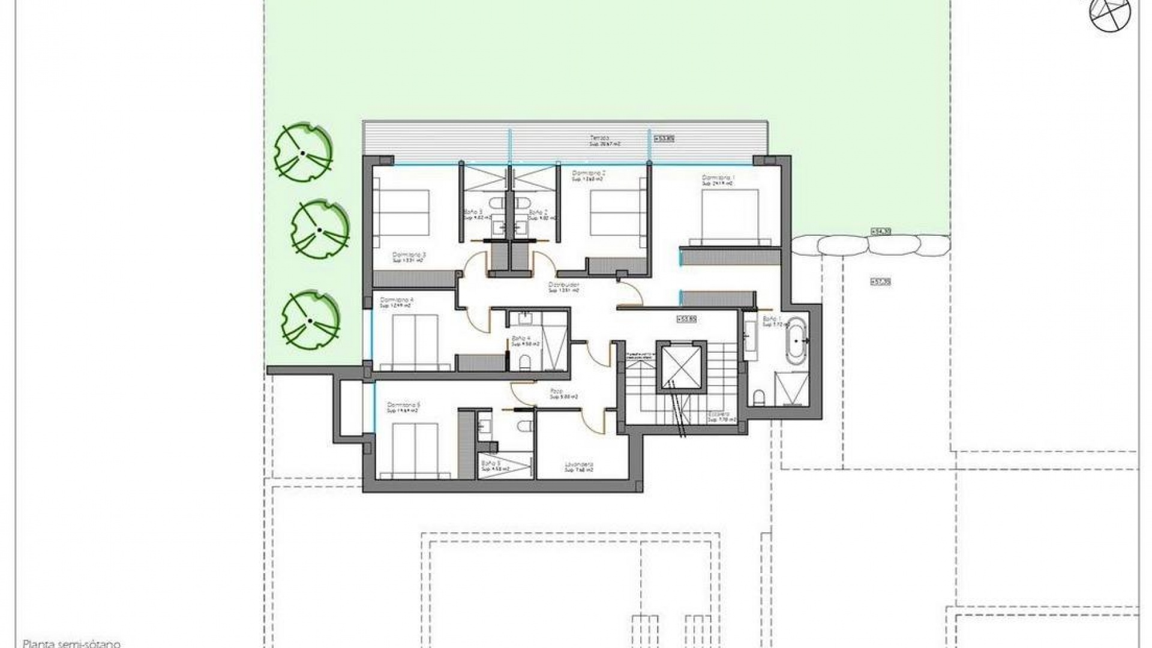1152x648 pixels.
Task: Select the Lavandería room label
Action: click(x=579, y=466)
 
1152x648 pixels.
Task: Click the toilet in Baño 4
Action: click(x=525, y=361)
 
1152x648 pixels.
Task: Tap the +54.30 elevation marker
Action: click(x=880, y=232)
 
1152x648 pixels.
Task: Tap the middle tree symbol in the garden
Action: click(x=320, y=229)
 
